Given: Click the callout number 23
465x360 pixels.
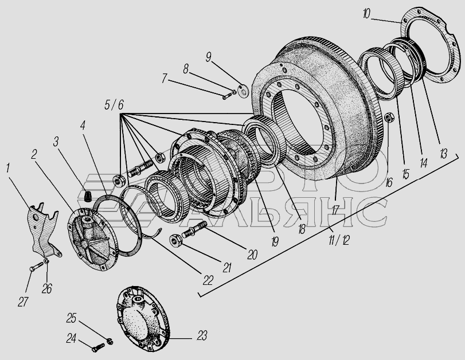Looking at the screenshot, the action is [x=202, y=336].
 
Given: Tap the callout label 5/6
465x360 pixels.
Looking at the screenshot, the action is [x=114, y=105].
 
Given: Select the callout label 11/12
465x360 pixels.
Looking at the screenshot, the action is [x=339, y=240].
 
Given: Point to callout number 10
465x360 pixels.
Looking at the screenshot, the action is [x=366, y=14].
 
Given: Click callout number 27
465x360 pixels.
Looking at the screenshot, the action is [x=23, y=302].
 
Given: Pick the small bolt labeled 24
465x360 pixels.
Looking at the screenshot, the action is [x=99, y=347].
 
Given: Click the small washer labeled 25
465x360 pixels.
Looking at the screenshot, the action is [x=110, y=341].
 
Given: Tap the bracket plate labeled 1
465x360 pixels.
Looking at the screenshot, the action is [x=43, y=230].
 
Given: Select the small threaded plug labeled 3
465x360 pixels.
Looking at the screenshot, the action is [x=87, y=196].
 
